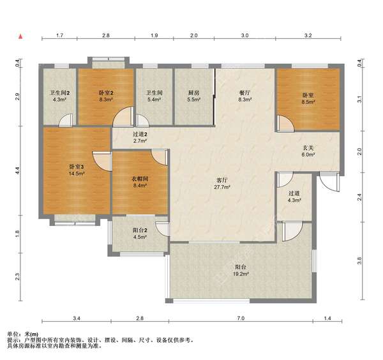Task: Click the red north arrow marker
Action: [21, 36]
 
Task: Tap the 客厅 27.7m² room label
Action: [222, 184]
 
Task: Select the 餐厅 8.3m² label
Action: [244, 96]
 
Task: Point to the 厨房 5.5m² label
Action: [193, 96]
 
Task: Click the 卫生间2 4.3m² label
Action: [59, 96]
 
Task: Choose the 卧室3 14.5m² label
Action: [77, 170]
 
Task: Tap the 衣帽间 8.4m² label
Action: [140, 182]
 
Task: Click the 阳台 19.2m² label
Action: [241, 271]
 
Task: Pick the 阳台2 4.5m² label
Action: [140, 234]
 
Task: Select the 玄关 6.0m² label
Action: [308, 151]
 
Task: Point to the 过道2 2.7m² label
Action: [140, 137]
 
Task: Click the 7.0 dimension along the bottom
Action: [241, 319]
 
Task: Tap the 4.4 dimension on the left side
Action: [17, 170]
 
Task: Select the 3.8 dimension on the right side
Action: [359, 260]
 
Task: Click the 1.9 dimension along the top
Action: [154, 35]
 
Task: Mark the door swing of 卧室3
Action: [102, 161]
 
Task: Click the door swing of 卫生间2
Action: [66, 120]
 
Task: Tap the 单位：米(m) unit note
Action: [22, 334]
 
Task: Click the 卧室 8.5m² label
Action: [308, 98]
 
